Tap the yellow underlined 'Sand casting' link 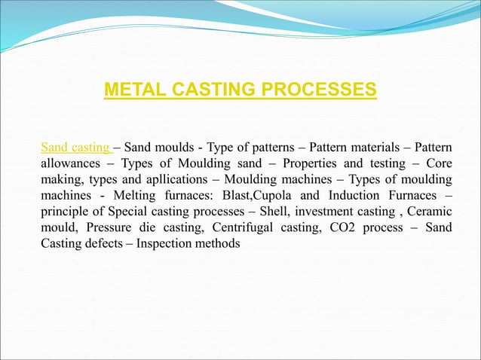coord(75,145)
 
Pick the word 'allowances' coord(71,163)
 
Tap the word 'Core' coord(439,163)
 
